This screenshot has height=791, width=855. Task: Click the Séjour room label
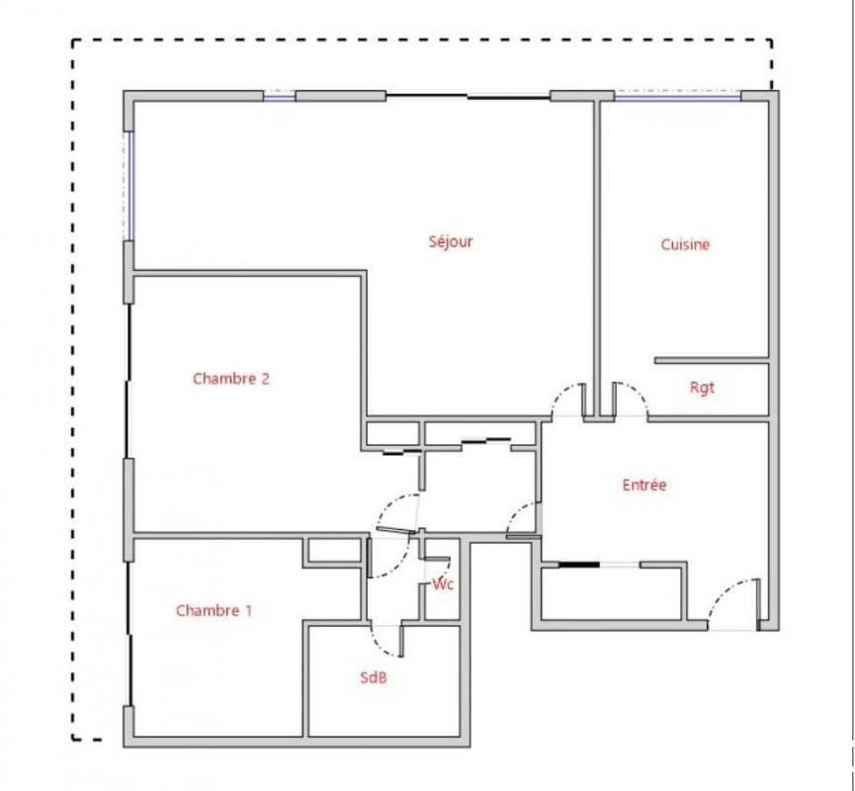451,241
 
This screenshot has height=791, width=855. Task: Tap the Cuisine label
685,244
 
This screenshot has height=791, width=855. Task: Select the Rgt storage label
702,388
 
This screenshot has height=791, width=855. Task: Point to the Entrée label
644,484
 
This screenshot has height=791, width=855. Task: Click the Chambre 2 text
231,379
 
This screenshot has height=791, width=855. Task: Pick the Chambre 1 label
214,610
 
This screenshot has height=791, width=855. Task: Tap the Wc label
443,584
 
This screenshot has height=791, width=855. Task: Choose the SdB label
374,677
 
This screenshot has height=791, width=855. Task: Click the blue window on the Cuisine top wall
678,97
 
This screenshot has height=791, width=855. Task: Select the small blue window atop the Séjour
279,97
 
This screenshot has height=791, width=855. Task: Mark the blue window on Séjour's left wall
129,186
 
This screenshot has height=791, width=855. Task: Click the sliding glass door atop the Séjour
468,97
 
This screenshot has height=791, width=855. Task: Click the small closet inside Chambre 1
334,551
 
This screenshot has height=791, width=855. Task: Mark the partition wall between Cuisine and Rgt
712,361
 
